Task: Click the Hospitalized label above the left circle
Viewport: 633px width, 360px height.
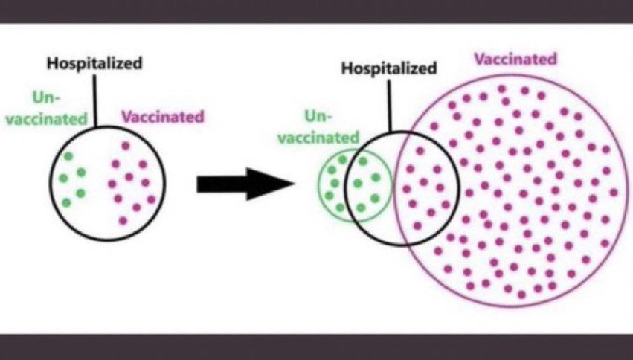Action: tap(94, 63)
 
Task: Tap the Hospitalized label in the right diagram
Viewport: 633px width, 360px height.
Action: tap(389, 68)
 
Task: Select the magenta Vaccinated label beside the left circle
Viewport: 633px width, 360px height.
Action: tap(162, 117)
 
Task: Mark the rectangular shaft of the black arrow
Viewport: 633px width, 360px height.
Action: tap(220, 184)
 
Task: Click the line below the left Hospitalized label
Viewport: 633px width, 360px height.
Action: tap(95, 100)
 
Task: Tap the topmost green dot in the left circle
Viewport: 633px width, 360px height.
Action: tap(69, 155)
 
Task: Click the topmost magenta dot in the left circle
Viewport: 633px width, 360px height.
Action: tap(125, 146)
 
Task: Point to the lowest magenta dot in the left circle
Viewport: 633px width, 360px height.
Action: tap(123, 220)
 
